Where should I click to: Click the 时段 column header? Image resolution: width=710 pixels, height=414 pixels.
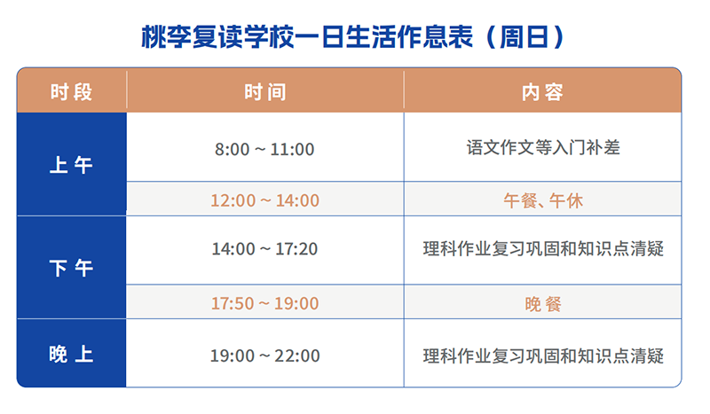click(x=72, y=91)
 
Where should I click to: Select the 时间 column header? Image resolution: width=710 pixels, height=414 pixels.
click(x=264, y=91)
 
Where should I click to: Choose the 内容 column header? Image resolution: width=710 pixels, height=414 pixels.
click(x=543, y=91)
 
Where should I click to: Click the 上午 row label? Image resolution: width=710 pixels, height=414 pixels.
click(x=72, y=165)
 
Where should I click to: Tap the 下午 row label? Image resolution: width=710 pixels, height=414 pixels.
click(x=72, y=268)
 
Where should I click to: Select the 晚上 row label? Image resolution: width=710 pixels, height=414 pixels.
click(x=72, y=355)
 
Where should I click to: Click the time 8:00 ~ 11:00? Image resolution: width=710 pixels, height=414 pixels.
click(x=264, y=149)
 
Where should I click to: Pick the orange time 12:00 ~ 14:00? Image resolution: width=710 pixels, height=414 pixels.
click(x=264, y=200)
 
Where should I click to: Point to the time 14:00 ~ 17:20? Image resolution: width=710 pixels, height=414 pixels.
click(x=264, y=249)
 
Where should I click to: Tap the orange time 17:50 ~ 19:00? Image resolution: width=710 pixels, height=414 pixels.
click(x=264, y=304)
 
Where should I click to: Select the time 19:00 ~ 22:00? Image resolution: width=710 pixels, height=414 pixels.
click(x=264, y=356)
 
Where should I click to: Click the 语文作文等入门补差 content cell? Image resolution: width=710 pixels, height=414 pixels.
click(x=543, y=148)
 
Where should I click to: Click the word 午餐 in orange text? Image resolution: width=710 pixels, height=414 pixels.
click(x=520, y=200)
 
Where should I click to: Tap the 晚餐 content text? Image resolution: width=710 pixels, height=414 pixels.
click(x=543, y=304)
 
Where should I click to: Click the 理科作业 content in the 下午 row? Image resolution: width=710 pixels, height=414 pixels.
click(x=543, y=249)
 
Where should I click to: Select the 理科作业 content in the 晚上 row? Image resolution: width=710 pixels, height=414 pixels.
click(x=543, y=356)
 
